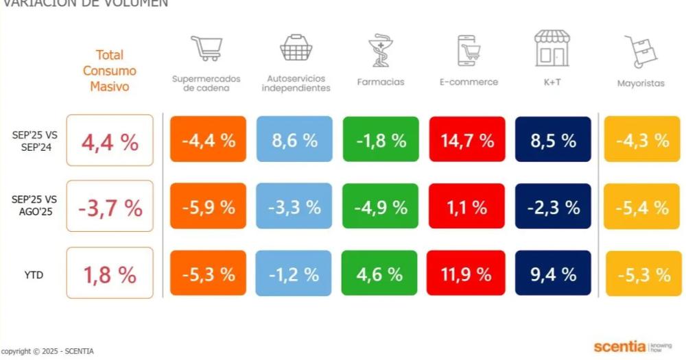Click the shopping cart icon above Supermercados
(x=206, y=49)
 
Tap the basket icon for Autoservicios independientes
(x=296, y=48)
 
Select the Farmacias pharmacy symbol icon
(x=380, y=50)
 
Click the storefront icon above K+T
(x=552, y=48)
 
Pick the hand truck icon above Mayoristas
(x=641, y=51)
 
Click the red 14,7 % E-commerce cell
(x=467, y=140)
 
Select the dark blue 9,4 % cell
(x=552, y=274)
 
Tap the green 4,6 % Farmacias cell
(x=380, y=274)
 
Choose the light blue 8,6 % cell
(x=294, y=140)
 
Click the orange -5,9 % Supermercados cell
(x=208, y=207)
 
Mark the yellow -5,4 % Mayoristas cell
(x=641, y=207)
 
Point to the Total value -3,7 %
(x=110, y=207)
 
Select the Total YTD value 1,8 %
(x=110, y=274)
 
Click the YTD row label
(x=34, y=275)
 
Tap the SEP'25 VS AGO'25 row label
(x=34, y=205)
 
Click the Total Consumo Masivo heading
(x=110, y=71)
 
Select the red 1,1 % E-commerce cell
(x=467, y=207)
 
